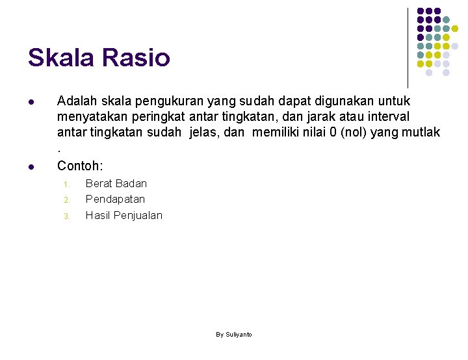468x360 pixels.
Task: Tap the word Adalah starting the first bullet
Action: pyautogui.click(x=77, y=101)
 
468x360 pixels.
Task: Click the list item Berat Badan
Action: pyautogui.click(x=116, y=183)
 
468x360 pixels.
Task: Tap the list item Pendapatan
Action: pyautogui.click(x=115, y=199)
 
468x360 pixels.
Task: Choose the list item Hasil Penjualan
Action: pyautogui.click(x=124, y=215)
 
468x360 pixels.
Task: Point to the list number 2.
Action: pyautogui.click(x=66, y=200)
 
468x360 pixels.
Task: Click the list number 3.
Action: pyautogui.click(x=66, y=216)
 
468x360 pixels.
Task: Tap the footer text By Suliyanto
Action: pyautogui.click(x=234, y=334)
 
